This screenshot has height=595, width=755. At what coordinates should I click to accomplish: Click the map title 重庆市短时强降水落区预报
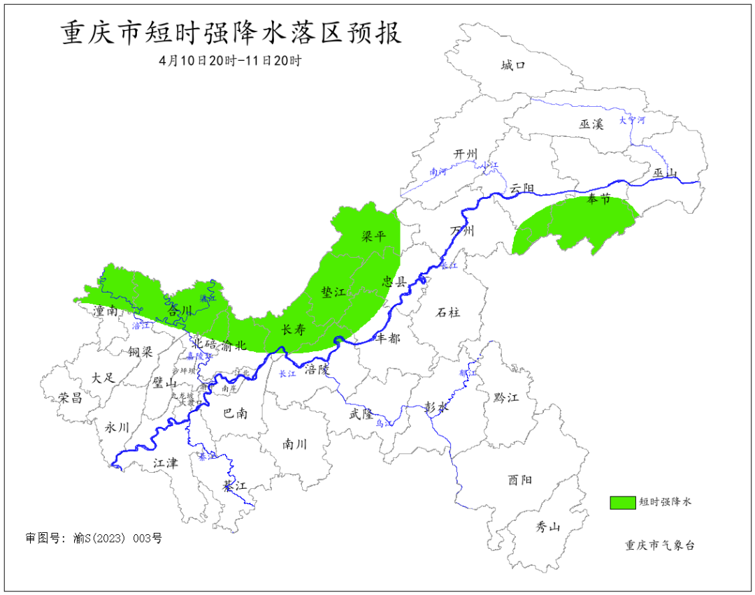click(x=231, y=33)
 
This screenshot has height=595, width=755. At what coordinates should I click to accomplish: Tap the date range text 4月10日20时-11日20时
click(x=230, y=61)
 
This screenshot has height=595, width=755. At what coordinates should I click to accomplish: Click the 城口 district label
click(x=512, y=66)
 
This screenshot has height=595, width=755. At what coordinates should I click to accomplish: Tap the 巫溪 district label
click(x=591, y=124)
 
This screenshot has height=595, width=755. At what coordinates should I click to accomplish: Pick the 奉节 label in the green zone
click(x=598, y=199)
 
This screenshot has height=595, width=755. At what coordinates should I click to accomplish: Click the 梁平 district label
click(x=373, y=236)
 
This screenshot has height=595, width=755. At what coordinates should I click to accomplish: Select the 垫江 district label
click(x=333, y=293)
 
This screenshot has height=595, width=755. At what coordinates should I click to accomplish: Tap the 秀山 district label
click(x=548, y=527)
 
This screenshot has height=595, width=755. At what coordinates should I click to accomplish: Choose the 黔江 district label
click(x=506, y=397)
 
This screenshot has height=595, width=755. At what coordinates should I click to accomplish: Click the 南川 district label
click(x=294, y=443)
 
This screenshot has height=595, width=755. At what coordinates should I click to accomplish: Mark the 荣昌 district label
click(x=70, y=398)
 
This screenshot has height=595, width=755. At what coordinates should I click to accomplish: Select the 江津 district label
click(x=166, y=462)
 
